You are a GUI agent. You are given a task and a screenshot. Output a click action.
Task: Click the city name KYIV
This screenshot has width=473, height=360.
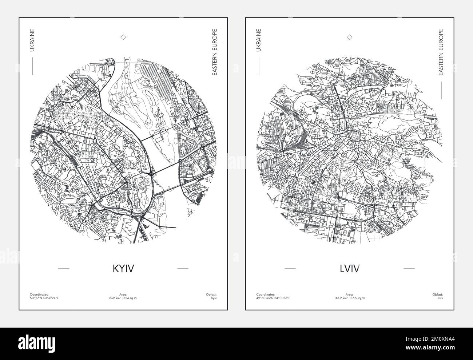tap(123, 268)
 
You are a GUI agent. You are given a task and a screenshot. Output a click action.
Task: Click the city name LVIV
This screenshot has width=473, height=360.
tap(350, 268)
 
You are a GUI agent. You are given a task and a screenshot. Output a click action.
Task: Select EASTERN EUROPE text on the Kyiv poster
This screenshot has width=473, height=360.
tap(215, 52)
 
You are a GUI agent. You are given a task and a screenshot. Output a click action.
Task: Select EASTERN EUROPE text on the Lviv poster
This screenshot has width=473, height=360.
tap(441, 52)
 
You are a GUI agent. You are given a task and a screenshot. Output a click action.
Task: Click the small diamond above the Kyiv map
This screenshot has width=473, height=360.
tap(123, 37)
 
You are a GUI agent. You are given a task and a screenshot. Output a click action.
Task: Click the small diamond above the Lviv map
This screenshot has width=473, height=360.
tap(350, 37)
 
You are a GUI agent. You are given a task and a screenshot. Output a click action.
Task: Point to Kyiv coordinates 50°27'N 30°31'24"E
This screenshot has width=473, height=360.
tap(44, 298)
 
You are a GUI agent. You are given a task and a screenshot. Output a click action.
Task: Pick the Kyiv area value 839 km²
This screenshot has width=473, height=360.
tap(123, 298)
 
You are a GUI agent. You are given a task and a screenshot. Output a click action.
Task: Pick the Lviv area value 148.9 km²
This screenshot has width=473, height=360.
tap(350, 298)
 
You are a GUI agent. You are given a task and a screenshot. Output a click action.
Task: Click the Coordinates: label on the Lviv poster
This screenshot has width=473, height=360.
tap(266, 294)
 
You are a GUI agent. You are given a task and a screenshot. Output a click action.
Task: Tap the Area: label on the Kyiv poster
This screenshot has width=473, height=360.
tap(123, 294)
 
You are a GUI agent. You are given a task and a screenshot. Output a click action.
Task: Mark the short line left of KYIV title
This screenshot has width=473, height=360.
tap(64, 268)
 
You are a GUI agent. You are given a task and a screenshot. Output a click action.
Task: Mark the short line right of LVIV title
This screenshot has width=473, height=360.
tap(409, 268)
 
